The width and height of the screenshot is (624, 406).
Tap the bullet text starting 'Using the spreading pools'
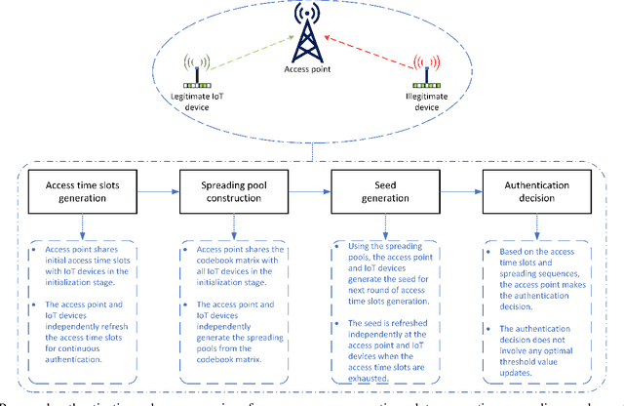pos(388,267)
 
